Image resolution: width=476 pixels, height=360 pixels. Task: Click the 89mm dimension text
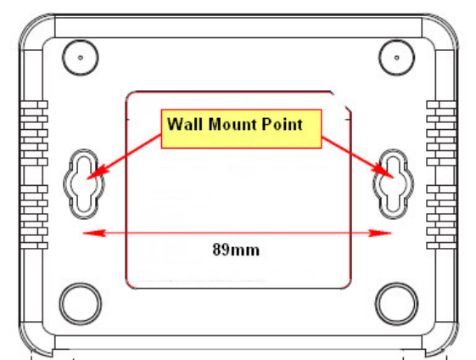[x=236, y=250]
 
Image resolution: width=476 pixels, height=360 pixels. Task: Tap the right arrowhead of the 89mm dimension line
[x=380, y=233]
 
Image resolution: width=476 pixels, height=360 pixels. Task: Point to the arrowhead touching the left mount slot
[x=97, y=172]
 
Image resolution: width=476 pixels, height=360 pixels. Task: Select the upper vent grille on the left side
[x=34, y=133]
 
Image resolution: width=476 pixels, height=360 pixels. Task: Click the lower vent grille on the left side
[x=34, y=217]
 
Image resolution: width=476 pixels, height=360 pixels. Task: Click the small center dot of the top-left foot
[x=81, y=58]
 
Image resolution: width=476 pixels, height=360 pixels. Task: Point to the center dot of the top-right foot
[x=397, y=58]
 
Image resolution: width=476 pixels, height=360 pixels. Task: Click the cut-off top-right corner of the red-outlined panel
[x=341, y=101]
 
